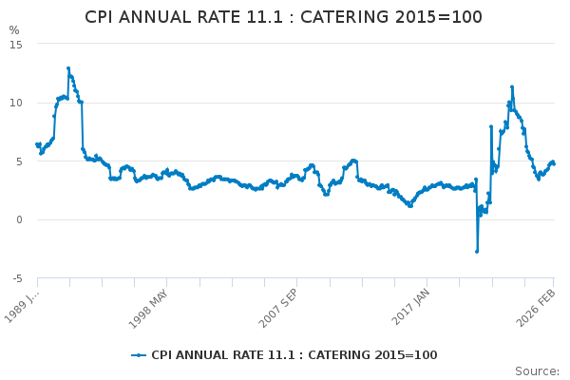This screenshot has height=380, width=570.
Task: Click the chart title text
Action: click(284, 17)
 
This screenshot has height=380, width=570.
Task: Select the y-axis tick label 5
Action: click(18, 161)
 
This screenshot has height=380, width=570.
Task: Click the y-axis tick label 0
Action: click(18, 220)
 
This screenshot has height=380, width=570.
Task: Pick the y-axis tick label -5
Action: click(15, 279)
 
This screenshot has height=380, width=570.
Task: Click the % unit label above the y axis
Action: click(13, 30)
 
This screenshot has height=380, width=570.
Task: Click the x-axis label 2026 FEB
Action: click(538, 307)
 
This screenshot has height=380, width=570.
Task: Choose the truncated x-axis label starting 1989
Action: click(23, 306)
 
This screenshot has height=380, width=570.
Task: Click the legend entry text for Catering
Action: click(294, 355)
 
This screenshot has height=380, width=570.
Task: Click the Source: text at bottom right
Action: click(537, 370)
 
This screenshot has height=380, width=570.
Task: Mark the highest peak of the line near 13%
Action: click(68, 68)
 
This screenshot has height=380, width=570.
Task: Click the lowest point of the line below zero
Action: click(477, 251)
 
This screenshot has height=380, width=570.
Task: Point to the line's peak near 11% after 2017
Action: click(512, 87)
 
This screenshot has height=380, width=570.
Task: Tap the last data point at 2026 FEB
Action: click(554, 163)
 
